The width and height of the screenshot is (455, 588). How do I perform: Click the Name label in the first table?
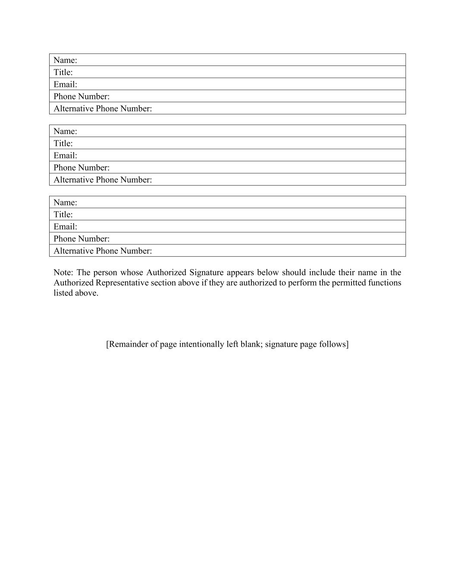[x=65, y=60]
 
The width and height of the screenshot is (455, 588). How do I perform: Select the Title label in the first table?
[x=63, y=72]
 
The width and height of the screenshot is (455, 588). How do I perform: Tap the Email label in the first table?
[x=65, y=84]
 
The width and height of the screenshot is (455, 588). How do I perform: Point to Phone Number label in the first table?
[x=82, y=96]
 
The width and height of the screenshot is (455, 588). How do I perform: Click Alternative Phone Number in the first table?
[x=103, y=109]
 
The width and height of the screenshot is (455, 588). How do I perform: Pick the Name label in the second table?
[x=65, y=131]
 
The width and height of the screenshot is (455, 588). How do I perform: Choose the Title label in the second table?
[x=63, y=143]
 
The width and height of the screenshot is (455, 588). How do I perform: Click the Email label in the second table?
[x=65, y=156]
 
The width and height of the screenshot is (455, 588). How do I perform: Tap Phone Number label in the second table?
[x=82, y=168]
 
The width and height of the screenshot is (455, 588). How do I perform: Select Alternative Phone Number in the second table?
[x=103, y=180]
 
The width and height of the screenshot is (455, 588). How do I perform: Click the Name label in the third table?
[x=65, y=202]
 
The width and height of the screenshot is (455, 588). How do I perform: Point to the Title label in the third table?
[x=63, y=215]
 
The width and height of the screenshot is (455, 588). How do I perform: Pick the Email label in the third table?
[x=65, y=227]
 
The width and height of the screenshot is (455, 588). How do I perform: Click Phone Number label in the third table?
[x=82, y=239]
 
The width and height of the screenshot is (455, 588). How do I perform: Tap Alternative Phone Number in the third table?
[x=103, y=251]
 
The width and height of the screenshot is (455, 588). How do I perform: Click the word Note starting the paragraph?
[x=63, y=273]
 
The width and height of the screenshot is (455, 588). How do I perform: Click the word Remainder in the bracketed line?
[x=127, y=344]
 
